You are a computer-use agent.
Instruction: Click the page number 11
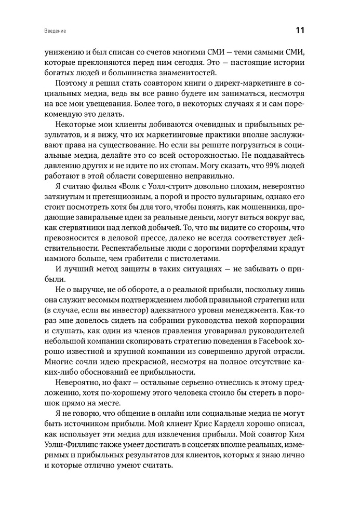coord(300,30)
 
